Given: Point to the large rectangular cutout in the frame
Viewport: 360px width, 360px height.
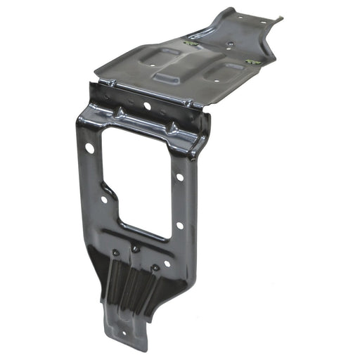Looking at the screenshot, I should click(138, 181).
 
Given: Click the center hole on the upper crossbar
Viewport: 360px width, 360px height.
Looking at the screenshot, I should click(148, 106).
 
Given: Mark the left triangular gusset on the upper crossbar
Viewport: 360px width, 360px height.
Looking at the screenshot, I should click(120, 112).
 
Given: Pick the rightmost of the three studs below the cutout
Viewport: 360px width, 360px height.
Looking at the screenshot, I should click(155, 267).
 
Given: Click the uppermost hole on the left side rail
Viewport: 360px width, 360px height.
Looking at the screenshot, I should click(90, 148).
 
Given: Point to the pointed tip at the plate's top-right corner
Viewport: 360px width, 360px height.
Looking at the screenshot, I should click(279, 19).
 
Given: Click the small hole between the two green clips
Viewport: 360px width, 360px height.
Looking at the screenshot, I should click(231, 44).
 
